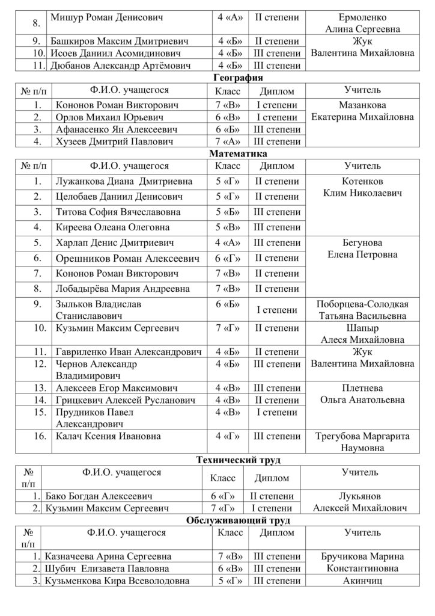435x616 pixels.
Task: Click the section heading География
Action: [x=239, y=78]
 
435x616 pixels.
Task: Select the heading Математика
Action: [x=239, y=154]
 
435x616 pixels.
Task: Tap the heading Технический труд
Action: [x=239, y=460]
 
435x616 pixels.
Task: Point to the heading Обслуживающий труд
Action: [x=239, y=520]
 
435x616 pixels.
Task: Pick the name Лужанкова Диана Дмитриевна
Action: [x=123, y=181]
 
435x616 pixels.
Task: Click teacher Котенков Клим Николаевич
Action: [x=362, y=187]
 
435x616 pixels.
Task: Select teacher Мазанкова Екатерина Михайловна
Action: [x=362, y=111]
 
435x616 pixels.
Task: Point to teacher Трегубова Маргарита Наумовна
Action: [x=362, y=442]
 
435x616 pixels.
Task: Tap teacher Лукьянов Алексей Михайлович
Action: [x=362, y=502]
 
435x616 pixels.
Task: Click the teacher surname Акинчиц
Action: [x=362, y=581]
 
